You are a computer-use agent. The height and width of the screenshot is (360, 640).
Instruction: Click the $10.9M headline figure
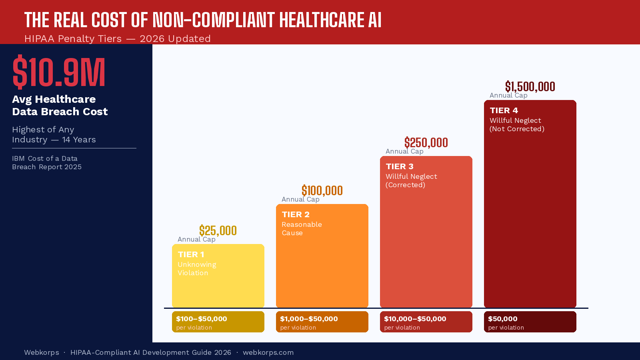coord(59,72)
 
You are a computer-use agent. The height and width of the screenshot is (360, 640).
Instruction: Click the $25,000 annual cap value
coord(218,231)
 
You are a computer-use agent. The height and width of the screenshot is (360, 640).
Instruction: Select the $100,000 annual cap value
coord(322,191)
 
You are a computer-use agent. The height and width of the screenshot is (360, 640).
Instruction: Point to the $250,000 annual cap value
coord(426,143)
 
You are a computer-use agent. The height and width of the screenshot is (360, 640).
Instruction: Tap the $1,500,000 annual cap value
coord(530,87)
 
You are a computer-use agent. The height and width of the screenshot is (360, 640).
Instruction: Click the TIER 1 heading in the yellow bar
coord(191,254)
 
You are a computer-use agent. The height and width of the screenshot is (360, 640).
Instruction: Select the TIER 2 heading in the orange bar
coord(296,214)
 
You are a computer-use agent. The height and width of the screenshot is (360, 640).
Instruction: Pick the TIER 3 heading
coord(400,166)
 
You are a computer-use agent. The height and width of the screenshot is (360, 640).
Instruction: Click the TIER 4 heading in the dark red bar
coord(504,110)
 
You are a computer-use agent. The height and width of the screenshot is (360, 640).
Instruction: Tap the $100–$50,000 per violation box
coord(218,322)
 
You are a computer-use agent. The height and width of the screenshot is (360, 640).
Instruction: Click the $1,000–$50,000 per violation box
coord(322,322)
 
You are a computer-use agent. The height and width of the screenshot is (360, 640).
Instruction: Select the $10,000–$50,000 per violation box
coord(426,322)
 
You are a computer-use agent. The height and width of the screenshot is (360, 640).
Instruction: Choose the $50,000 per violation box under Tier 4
coord(530,322)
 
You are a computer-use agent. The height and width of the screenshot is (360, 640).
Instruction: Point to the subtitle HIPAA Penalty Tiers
coord(73,39)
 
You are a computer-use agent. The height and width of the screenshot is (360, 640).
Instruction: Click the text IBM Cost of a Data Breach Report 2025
coord(47,163)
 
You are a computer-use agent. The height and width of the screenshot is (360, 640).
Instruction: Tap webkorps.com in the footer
coord(268,352)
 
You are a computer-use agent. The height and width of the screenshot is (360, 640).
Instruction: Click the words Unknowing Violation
coord(197,269)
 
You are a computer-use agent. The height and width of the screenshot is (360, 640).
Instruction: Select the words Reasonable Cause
coord(302,229)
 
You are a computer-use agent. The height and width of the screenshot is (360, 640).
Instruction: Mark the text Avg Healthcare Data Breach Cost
coord(60,105)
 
